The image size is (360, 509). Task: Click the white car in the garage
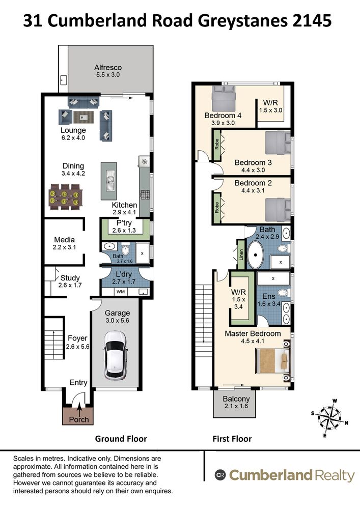[x=115, y=355]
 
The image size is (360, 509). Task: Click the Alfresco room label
[x=108, y=68]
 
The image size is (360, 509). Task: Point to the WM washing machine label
[x=121, y=292]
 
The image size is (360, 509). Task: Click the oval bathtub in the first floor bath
[x=256, y=254]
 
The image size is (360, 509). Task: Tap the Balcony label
[x=236, y=399]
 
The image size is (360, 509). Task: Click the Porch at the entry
[x=78, y=415]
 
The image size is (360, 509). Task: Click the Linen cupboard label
[x=241, y=255]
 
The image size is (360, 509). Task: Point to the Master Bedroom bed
[x=273, y=361]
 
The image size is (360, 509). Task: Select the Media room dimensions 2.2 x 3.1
[x=64, y=247]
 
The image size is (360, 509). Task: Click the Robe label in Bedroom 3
[x=216, y=145]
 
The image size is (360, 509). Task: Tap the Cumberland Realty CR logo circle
[x=220, y=475]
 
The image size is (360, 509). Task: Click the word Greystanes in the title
[x=243, y=21]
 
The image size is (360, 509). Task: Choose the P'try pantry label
[x=124, y=223]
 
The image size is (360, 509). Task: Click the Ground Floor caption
[x=121, y=439]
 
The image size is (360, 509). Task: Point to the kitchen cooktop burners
[x=145, y=195]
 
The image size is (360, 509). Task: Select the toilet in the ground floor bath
[x=125, y=249]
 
